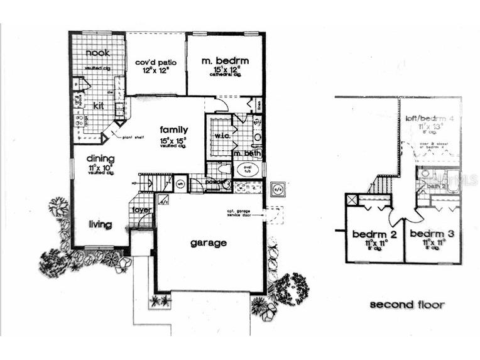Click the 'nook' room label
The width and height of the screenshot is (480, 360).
pyautogui.click(x=97, y=53)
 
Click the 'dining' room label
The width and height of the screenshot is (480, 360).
pyautogui.click(x=101, y=159)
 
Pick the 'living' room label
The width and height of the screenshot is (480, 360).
pyautogui.click(x=99, y=224)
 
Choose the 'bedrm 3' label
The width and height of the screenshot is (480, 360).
pyautogui.click(x=428, y=234)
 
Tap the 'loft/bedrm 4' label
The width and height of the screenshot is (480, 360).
pyautogui.click(x=430, y=119)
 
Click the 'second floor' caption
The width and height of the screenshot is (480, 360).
pyautogui.click(x=406, y=305)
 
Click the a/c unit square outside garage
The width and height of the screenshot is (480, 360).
pyautogui.click(x=277, y=188)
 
